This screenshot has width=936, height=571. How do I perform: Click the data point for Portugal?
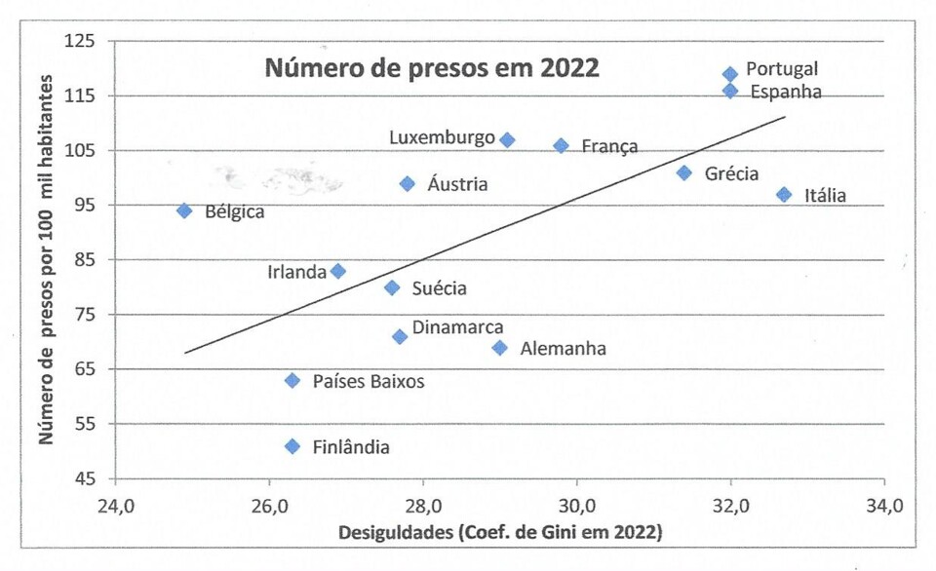point(730,74)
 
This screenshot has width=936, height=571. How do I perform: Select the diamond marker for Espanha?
point(730,91)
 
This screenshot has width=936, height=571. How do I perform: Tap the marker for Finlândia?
point(292,446)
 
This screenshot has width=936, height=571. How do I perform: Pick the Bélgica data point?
point(184,210)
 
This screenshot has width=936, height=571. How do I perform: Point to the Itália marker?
point(784,195)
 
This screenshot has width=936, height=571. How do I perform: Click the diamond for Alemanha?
point(500,348)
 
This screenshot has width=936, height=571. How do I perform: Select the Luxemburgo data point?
point(507,140)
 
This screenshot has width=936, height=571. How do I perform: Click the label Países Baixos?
point(369,381)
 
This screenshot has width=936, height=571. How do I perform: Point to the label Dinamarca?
point(457,328)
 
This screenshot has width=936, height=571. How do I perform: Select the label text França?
point(609,146)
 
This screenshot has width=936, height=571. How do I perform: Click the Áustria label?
point(457,184)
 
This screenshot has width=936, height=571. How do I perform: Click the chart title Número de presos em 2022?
point(433,69)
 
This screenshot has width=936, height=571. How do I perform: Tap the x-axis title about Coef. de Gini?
point(500,533)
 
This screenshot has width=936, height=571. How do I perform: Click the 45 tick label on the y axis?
point(86,478)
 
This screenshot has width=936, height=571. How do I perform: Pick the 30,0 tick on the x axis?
point(577,506)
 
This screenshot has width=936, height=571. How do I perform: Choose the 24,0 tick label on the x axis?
point(115,506)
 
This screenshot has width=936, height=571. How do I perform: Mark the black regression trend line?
point(487,230)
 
